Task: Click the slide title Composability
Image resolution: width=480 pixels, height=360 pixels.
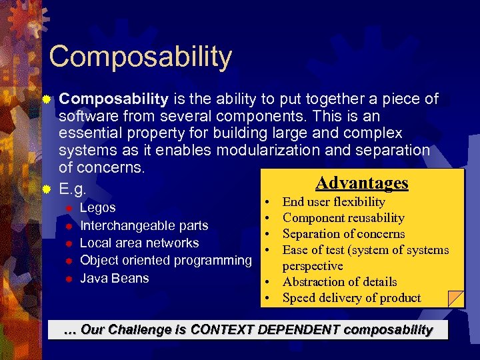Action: click(140, 57)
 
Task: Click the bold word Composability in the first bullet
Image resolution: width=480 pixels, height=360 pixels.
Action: click(113, 99)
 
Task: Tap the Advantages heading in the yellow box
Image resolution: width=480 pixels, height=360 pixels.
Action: click(361, 183)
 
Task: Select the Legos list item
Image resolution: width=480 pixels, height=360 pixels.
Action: click(97, 208)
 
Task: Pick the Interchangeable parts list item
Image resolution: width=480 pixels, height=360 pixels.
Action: click(144, 225)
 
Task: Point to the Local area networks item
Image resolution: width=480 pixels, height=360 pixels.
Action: click(139, 243)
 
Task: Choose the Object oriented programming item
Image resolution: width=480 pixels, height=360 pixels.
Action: click(165, 260)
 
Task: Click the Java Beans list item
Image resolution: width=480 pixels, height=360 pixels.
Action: click(114, 278)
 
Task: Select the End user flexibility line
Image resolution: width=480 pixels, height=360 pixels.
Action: click(333, 201)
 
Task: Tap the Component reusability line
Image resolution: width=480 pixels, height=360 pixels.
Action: click(343, 217)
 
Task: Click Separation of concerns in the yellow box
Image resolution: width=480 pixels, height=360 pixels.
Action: click(343, 233)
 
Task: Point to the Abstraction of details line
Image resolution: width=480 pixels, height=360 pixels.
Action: click(339, 281)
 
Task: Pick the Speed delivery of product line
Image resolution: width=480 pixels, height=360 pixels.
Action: click(351, 297)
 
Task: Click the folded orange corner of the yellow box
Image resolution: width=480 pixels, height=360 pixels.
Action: click(456, 299)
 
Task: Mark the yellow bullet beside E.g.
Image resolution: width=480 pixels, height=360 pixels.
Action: click(46, 189)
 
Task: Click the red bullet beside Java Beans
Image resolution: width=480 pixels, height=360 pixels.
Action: click(68, 278)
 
